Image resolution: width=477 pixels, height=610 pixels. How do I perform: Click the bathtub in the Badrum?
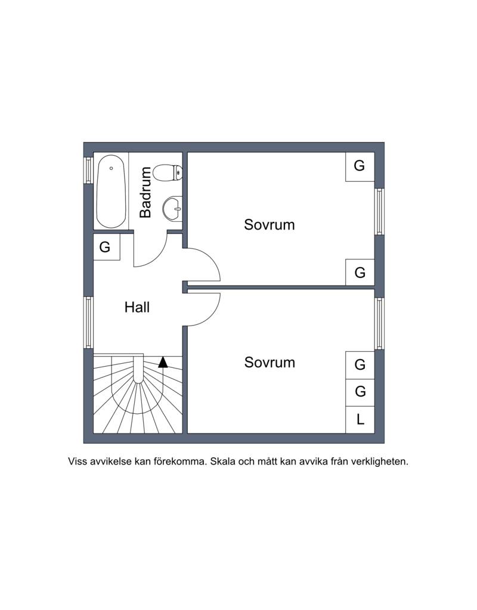click(x=111, y=191)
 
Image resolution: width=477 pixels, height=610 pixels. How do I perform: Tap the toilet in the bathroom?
click(x=168, y=173)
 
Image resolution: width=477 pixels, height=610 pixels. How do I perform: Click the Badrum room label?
click(x=145, y=192)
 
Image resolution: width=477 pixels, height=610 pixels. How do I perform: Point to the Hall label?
click(x=137, y=307)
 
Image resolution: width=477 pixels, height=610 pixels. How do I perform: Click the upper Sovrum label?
click(x=270, y=225)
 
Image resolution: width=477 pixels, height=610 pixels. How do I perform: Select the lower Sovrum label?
click(x=270, y=363)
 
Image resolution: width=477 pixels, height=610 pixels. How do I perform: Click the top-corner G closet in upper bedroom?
click(x=360, y=166)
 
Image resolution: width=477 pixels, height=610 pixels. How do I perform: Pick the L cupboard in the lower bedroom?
click(x=360, y=420)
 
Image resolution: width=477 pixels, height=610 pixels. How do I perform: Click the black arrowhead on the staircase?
click(x=163, y=362)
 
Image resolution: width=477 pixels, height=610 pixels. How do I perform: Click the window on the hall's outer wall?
click(x=89, y=323)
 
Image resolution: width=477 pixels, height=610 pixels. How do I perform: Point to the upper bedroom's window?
click(x=379, y=212)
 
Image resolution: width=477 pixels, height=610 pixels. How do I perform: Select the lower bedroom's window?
click(x=379, y=323)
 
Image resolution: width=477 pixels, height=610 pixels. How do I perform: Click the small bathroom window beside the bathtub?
click(x=89, y=170)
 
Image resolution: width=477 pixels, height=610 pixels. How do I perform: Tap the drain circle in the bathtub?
click(x=111, y=168)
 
